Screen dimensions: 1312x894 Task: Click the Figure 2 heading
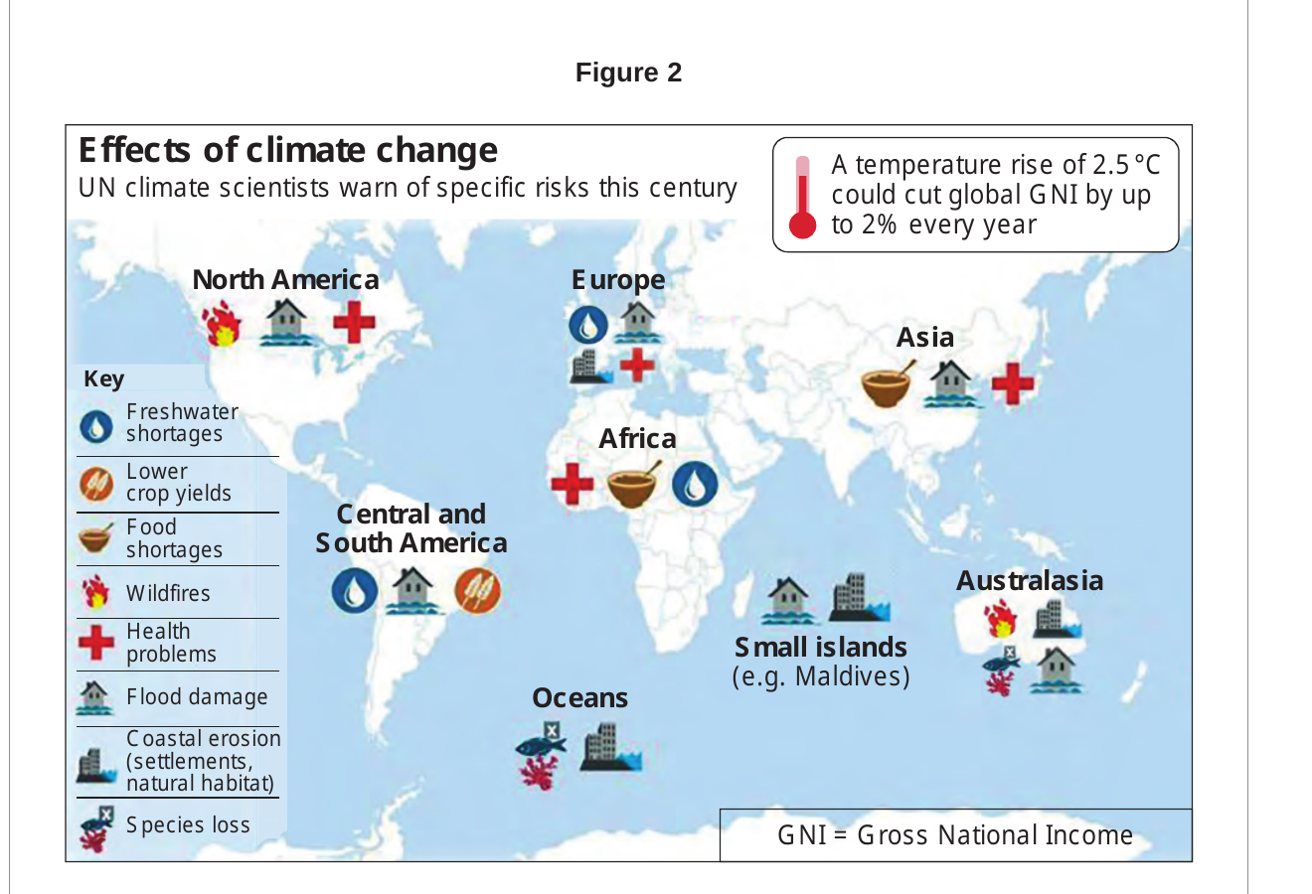(x=628, y=73)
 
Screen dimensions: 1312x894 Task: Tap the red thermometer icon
(x=802, y=198)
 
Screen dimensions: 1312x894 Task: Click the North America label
(x=286, y=279)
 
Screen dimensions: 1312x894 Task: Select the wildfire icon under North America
(x=222, y=323)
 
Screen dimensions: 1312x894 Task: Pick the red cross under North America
(x=354, y=322)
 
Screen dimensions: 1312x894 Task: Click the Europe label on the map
(x=618, y=280)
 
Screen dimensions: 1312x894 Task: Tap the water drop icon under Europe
(x=588, y=325)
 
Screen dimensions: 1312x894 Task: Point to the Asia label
(x=925, y=337)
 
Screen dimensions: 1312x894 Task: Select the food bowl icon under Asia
(x=887, y=384)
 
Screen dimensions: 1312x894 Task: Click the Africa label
(x=637, y=438)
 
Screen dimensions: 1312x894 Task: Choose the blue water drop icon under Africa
(x=695, y=484)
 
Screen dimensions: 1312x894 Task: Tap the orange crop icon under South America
(x=477, y=591)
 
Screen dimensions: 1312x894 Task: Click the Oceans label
(x=579, y=698)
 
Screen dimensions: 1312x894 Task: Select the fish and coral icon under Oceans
(x=541, y=756)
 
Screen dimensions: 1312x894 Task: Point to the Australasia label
(x=1030, y=581)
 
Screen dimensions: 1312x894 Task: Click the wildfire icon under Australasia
(x=1000, y=618)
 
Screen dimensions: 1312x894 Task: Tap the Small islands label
(x=821, y=647)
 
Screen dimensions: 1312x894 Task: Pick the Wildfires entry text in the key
(x=168, y=593)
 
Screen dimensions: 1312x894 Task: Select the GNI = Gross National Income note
(x=955, y=834)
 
